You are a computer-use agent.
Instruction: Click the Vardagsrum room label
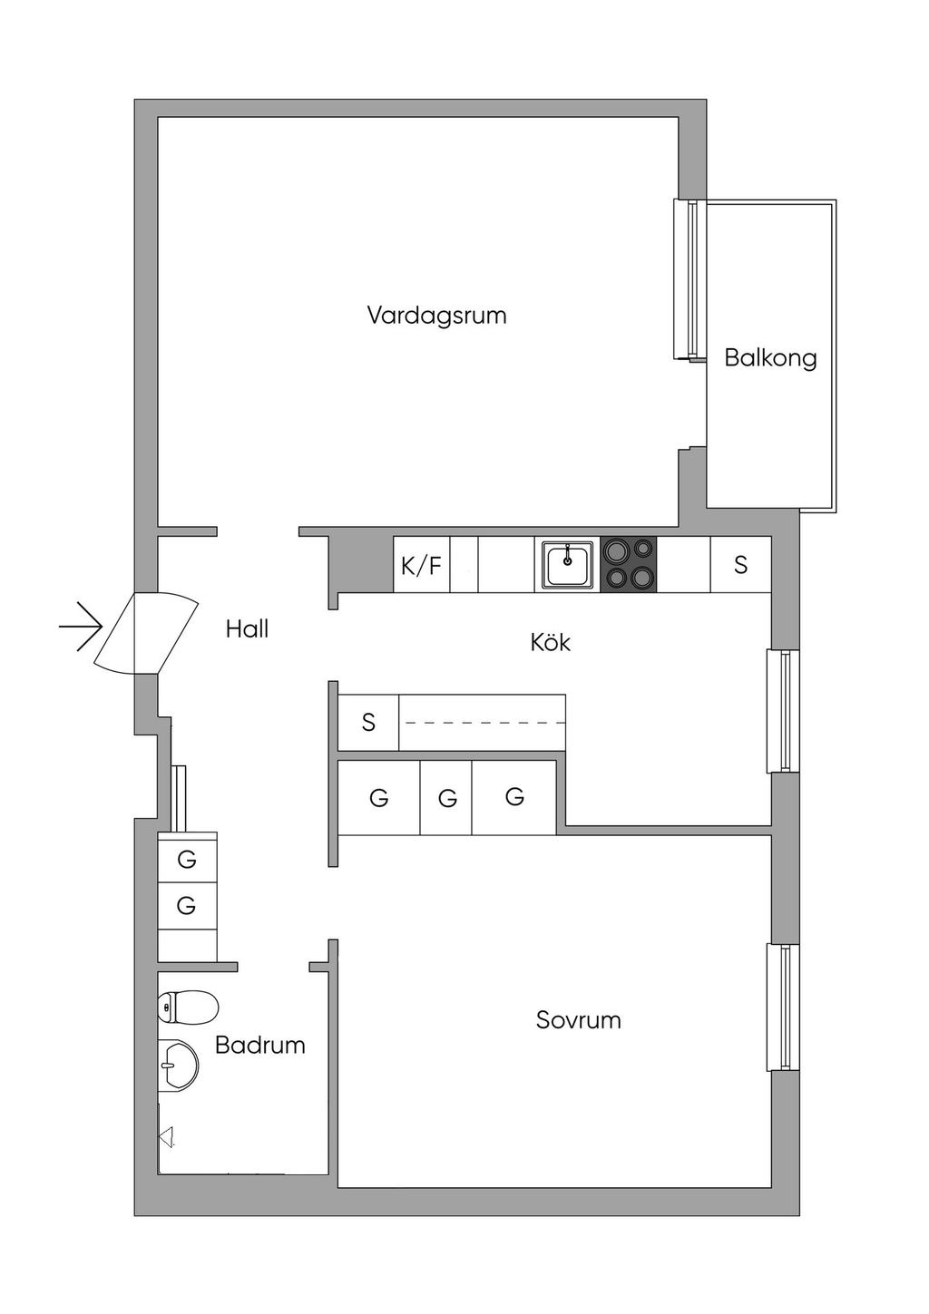coord(436,316)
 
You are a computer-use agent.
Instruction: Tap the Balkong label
coord(770,358)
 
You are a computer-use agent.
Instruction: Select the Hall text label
coord(247,628)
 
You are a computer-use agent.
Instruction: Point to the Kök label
coord(551,643)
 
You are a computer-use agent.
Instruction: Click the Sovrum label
coord(578,1020)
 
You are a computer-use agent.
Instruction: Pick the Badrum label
coord(259,1045)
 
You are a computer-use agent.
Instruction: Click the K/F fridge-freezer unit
coord(421,566)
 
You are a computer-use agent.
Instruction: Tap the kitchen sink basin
coord(568,564)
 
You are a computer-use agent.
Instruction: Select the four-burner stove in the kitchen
coord(629,564)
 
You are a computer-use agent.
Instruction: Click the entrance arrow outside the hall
coord(82,627)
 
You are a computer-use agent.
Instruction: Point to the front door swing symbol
coord(145,632)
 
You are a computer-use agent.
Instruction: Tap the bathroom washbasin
coord(179,1064)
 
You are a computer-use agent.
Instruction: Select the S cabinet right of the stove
coord(740,565)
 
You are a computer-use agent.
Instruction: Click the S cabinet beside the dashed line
coord(368,723)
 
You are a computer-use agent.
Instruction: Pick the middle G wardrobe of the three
coord(446,799)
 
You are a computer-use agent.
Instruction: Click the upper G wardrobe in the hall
coord(187,858)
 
